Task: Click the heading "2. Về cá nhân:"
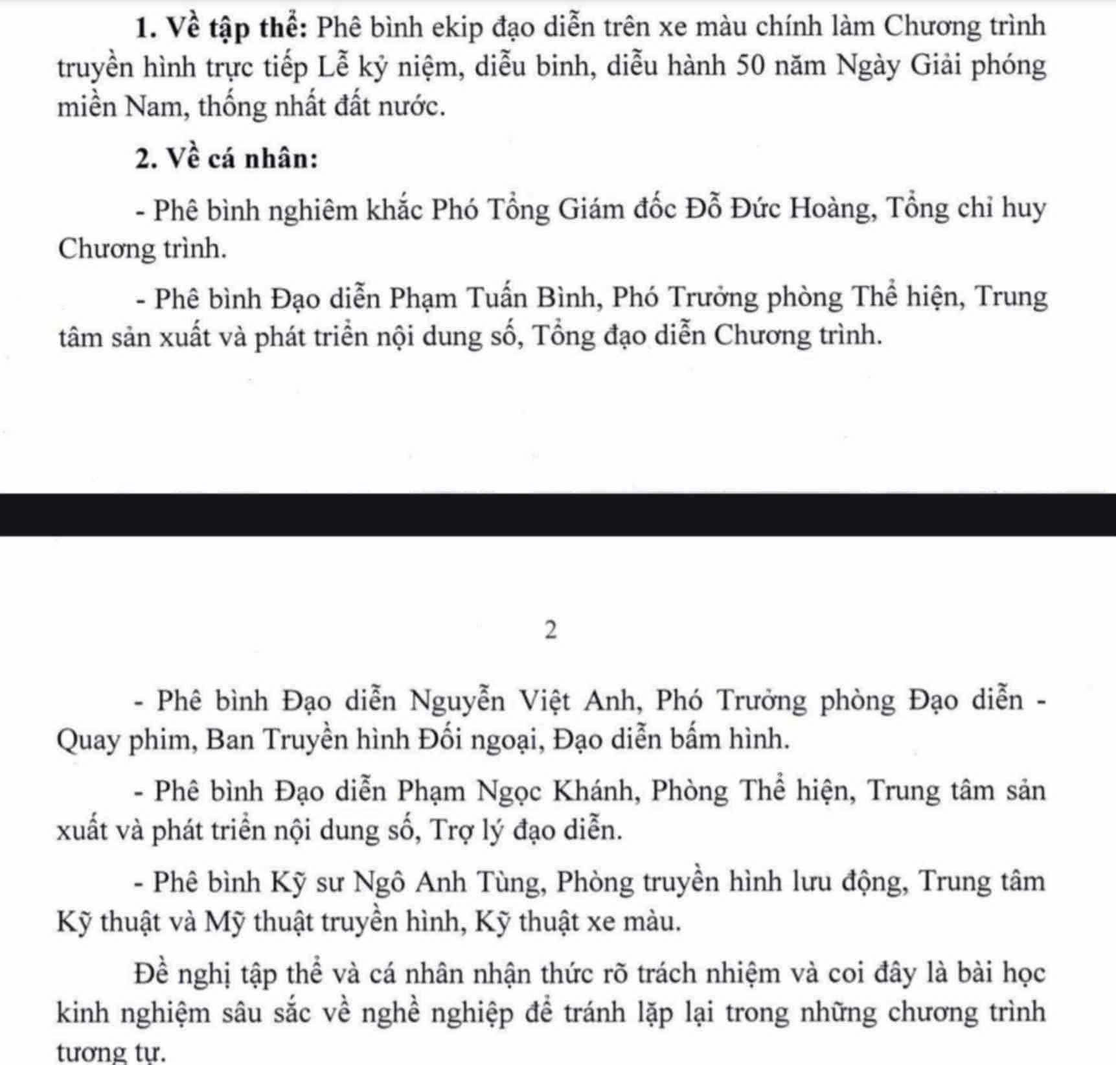(x=227, y=158)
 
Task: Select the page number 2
(x=551, y=630)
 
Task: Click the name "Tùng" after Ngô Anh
(x=509, y=882)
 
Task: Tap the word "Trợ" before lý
(x=451, y=830)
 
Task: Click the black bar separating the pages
(x=558, y=515)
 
